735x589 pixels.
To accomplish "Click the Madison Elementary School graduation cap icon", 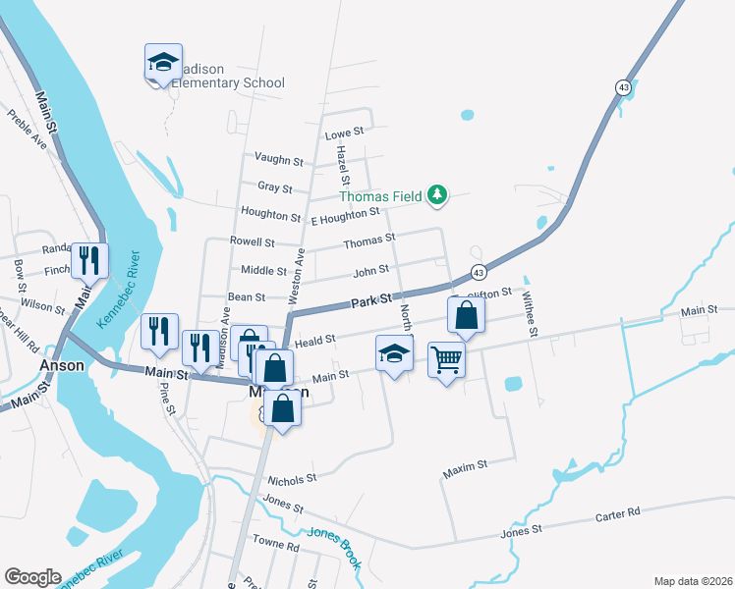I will pos(163,64).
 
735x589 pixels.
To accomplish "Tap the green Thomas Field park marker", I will pos(437,196).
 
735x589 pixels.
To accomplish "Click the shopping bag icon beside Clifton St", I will pos(466,316).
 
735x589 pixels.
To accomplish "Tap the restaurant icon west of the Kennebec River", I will pos(89,262).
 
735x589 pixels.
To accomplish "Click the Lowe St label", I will pos(344,132).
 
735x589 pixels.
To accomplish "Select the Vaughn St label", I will pos(279,159).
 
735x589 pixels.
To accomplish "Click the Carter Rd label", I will pos(617,513).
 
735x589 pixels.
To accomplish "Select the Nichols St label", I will pos(292,479).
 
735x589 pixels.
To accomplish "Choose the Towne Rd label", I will pos(275,543).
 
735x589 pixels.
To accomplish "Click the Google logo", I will pos(32,577).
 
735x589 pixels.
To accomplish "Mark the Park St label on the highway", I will pos(372,297).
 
